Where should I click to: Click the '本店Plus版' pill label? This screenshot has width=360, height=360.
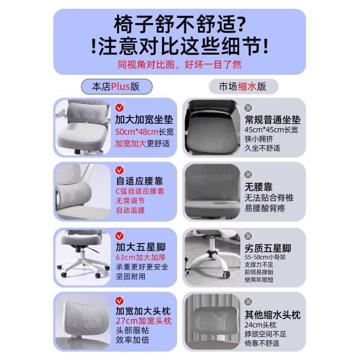pyautogui.click(x=116, y=87)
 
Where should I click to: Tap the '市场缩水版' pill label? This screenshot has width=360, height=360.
pyautogui.click(x=244, y=87)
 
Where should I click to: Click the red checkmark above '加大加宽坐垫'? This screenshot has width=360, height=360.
pyautogui.click(x=119, y=107)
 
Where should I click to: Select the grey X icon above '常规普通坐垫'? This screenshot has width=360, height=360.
pyautogui.click(x=248, y=107)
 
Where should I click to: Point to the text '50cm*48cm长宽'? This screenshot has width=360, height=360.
pyautogui.click(x=145, y=132)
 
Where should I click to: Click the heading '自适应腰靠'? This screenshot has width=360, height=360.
pyautogui.click(x=139, y=181)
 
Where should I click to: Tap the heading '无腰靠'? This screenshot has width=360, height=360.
pyautogui.click(x=259, y=187)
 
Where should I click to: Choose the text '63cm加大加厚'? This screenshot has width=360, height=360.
pyautogui.click(x=141, y=257)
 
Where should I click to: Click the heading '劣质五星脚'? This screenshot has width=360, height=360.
pyautogui.click(x=268, y=248)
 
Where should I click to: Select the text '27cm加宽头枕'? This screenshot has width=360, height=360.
pyautogui.click(x=144, y=321)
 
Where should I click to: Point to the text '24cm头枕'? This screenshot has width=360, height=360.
pyautogui.click(x=260, y=325)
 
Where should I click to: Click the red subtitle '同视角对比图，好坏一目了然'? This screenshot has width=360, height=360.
pyautogui.click(x=180, y=65)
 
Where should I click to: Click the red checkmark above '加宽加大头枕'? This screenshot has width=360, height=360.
pyautogui.click(x=119, y=300)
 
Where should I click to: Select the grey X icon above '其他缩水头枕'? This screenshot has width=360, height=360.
pyautogui.click(x=248, y=301)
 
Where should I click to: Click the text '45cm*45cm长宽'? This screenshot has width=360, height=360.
pyautogui.click(x=271, y=130)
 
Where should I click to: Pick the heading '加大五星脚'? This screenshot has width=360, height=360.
pyautogui.click(x=141, y=247)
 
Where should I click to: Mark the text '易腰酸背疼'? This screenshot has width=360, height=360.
pyautogui.click(x=265, y=208)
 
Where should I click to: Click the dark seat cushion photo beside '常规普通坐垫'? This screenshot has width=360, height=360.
pyautogui.click(x=212, y=128)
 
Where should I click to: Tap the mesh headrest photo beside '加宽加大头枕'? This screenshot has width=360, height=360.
pyautogui.click(x=83, y=322)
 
